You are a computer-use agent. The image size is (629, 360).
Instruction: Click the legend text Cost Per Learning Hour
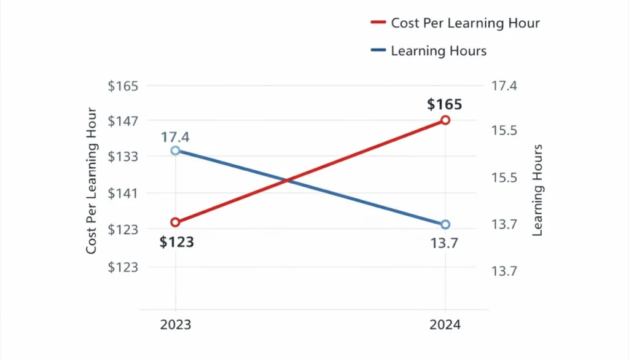[465, 23]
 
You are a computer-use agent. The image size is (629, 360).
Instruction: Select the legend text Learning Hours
[439, 51]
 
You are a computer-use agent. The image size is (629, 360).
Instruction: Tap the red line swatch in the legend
[378, 23]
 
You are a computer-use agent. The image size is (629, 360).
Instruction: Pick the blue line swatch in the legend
[378, 51]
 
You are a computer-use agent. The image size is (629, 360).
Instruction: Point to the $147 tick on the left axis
[123, 121]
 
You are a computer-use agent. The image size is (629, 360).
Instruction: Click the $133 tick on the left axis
[123, 157]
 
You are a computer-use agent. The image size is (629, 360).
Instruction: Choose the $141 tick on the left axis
[123, 194]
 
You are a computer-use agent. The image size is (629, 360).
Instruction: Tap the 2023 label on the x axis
[176, 325]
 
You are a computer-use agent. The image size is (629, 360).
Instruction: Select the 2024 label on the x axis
[445, 325]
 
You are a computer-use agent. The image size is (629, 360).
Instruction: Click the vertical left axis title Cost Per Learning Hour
[92, 181]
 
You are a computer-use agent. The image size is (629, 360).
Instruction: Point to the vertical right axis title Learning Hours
[537, 190]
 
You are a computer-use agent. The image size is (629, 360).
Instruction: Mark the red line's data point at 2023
[176, 222]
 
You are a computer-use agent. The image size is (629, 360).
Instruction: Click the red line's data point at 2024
[445, 120]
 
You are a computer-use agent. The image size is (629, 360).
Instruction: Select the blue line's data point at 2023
[176, 151]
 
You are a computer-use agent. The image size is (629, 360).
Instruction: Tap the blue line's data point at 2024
[445, 224]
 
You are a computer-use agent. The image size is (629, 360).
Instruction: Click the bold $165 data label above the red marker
[445, 104]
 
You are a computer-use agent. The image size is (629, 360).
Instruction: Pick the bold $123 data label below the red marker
[177, 242]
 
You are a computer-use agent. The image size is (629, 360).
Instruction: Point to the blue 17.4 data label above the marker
[176, 137]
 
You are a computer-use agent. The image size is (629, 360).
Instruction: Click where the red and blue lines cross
[286, 180]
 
